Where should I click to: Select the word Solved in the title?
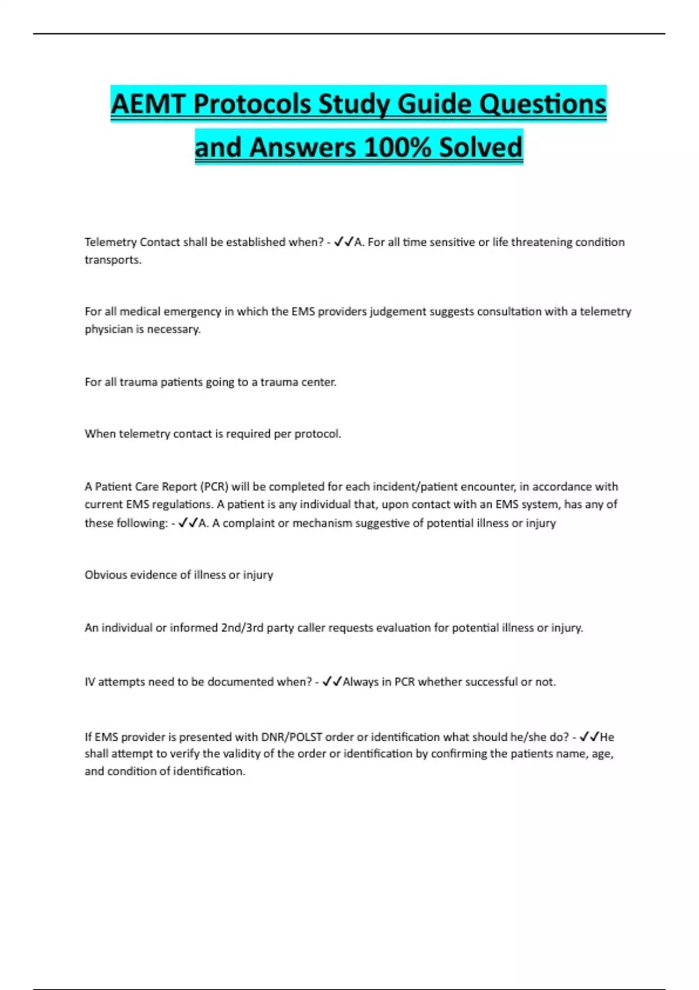tap(481, 147)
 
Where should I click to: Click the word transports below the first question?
tap(112, 260)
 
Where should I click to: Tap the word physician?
tap(109, 329)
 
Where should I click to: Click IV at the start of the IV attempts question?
tap(90, 682)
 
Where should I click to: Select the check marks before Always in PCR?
tap(332, 681)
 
